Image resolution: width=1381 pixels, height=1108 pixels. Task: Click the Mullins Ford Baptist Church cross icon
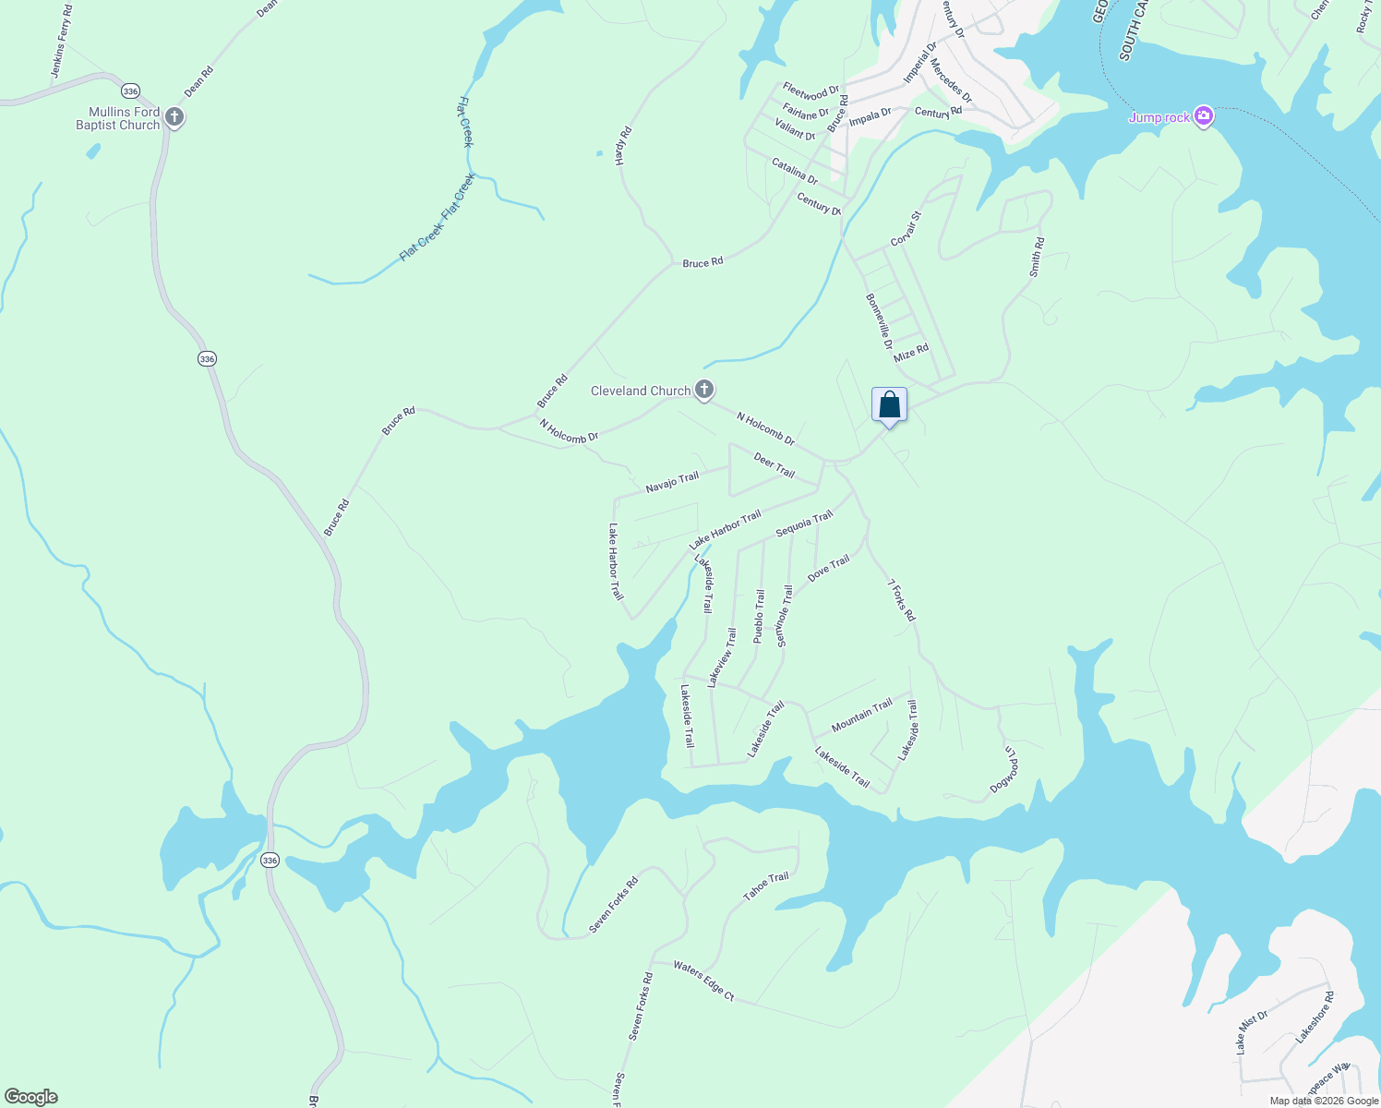coord(174,118)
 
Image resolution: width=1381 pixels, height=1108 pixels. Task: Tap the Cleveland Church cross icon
coord(704,390)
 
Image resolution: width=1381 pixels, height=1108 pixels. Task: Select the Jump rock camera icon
coord(1203,116)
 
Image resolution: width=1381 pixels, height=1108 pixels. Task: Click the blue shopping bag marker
coord(889,405)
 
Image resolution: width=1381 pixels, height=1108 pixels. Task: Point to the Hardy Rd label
coord(623,146)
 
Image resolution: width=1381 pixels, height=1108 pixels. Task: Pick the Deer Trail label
coord(774,465)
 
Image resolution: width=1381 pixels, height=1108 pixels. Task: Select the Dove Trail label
coord(828,569)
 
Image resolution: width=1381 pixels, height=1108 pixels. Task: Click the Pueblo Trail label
coord(759,616)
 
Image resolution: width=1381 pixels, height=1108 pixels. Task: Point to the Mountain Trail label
coord(861,716)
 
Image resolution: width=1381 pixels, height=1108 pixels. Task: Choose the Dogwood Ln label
coord(1004,769)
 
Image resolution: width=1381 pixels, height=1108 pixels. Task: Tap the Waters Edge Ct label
coord(703,982)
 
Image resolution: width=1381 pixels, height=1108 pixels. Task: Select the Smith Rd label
coord(1037,258)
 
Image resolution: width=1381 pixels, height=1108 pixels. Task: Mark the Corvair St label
coord(906,229)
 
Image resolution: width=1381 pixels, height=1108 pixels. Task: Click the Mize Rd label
coord(911,353)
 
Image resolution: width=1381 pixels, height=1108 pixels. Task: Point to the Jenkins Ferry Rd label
coord(62,42)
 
